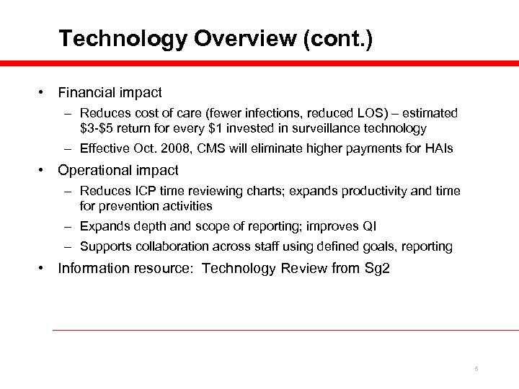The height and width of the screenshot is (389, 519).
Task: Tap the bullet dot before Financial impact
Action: click(x=44, y=94)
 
